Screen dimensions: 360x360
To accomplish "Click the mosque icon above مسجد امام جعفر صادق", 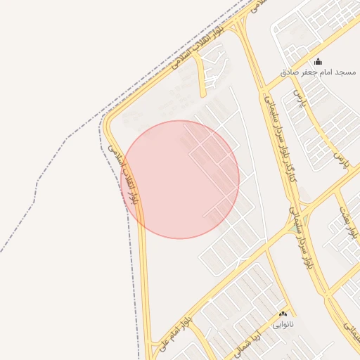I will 318,62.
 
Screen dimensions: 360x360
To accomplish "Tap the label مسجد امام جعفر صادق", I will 319,72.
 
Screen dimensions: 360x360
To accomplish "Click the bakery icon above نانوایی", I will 283,314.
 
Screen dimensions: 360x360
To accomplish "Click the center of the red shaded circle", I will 180,179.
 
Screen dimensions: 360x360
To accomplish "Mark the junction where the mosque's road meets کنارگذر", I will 266,90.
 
